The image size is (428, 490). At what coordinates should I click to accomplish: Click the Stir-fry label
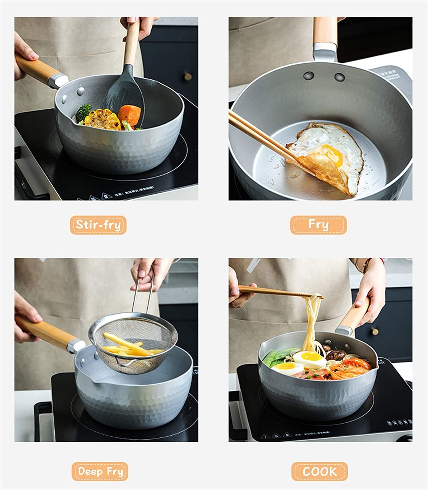coord(98,225)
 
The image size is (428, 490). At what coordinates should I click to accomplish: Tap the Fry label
coord(318,225)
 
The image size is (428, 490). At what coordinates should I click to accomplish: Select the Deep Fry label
coord(100,471)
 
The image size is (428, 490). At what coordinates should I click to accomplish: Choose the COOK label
coord(319,471)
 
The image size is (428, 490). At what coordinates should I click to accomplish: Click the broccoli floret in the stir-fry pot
coord(84,111)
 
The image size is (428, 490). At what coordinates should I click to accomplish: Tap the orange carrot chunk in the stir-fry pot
coord(129,113)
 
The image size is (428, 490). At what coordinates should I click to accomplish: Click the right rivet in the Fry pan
coord(339,77)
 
